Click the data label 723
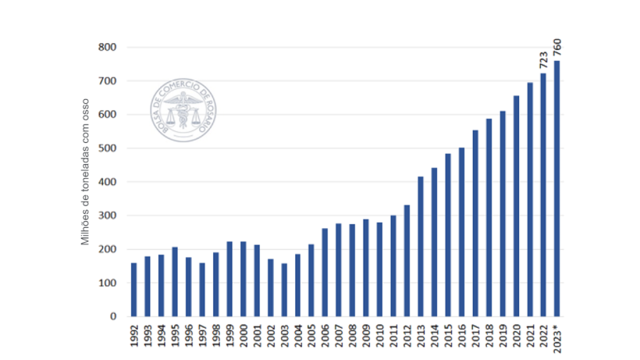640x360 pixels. click(x=543, y=60)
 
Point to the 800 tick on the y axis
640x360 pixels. click(x=107, y=48)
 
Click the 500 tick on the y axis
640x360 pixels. click(x=107, y=148)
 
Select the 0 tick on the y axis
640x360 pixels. click(x=112, y=317)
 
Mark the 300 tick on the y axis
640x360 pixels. click(x=107, y=216)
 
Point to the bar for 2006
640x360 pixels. click(x=325, y=273)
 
